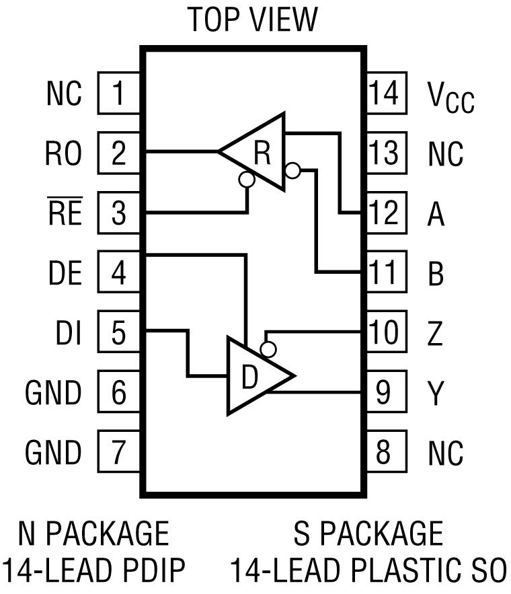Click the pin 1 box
(119, 94)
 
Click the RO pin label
(64, 154)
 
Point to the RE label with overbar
(65, 215)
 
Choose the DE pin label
(65, 274)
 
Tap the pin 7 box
(119, 451)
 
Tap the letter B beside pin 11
(436, 274)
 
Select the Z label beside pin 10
(436, 333)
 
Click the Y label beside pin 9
(436, 393)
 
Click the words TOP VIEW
(252, 20)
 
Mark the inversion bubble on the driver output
(268, 350)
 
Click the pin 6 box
(119, 392)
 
